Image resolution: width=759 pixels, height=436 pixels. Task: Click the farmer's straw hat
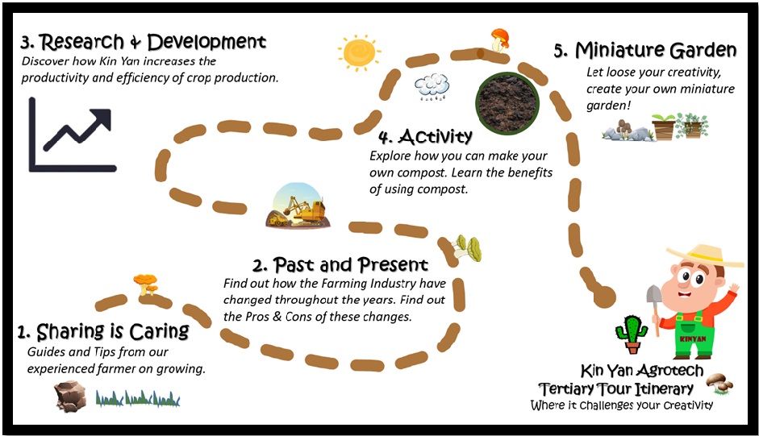pyautogui.click(x=703, y=255)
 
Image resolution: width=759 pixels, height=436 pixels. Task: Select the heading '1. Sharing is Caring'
pyautogui.click(x=103, y=331)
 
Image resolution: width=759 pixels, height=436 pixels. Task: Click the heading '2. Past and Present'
pyautogui.click(x=340, y=264)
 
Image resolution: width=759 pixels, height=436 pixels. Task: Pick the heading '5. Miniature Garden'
pyautogui.click(x=644, y=50)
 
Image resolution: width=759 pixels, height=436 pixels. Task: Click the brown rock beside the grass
pyautogui.click(x=70, y=395)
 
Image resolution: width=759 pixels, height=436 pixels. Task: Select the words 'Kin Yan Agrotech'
pyautogui.click(x=625, y=372)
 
